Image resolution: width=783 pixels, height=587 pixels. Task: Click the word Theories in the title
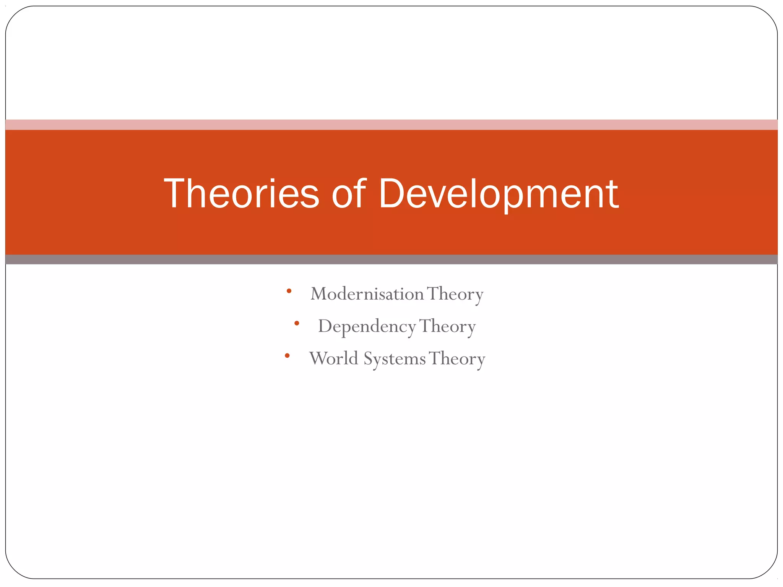click(x=241, y=194)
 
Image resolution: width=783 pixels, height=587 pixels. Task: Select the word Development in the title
click(x=498, y=194)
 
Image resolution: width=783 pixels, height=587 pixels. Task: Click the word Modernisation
click(x=367, y=294)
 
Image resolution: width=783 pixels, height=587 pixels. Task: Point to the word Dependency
click(x=367, y=327)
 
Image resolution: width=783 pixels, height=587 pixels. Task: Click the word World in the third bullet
click(x=333, y=358)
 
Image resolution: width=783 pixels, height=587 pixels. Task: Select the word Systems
click(x=394, y=359)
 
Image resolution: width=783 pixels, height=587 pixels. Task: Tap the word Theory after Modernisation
click(x=455, y=294)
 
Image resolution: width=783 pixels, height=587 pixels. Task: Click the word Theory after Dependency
click(x=447, y=327)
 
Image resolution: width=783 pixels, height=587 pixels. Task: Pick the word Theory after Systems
click(x=457, y=359)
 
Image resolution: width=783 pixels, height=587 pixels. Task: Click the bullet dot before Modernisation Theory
click(x=289, y=291)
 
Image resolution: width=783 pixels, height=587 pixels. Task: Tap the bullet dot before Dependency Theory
click(x=297, y=323)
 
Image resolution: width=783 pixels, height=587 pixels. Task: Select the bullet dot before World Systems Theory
click(x=287, y=356)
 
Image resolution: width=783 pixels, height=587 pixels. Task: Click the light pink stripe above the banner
click(x=391, y=125)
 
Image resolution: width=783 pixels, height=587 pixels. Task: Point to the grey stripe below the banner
click(x=391, y=259)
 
